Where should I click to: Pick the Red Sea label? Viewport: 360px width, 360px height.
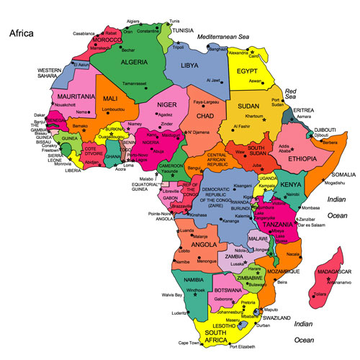point(290,94)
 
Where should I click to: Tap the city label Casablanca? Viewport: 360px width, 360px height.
point(84,33)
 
